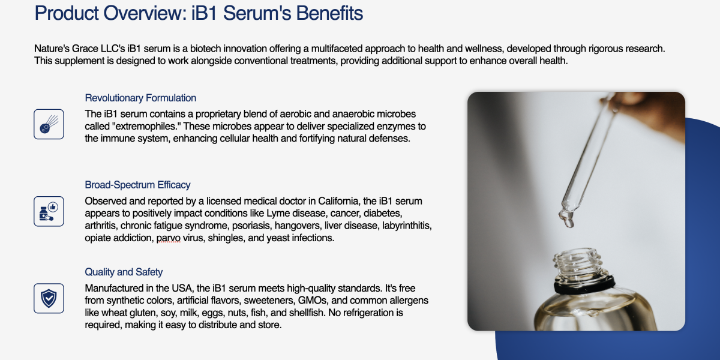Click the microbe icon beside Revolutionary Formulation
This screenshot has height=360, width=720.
pos(49,124)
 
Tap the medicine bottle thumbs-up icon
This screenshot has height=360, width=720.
pos(49,211)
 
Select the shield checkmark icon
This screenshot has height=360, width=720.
pos(49,298)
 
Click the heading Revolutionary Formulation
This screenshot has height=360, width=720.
pos(140,98)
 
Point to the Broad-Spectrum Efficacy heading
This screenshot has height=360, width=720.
pos(137,185)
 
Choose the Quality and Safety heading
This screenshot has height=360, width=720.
pos(124,272)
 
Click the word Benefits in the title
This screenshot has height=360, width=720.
pos(329,13)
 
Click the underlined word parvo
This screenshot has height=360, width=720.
pos(169,238)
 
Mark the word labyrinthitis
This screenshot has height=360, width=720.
pos(406,226)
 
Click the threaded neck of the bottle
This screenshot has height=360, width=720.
pos(578,262)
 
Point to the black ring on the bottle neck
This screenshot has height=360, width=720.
pos(584,285)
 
